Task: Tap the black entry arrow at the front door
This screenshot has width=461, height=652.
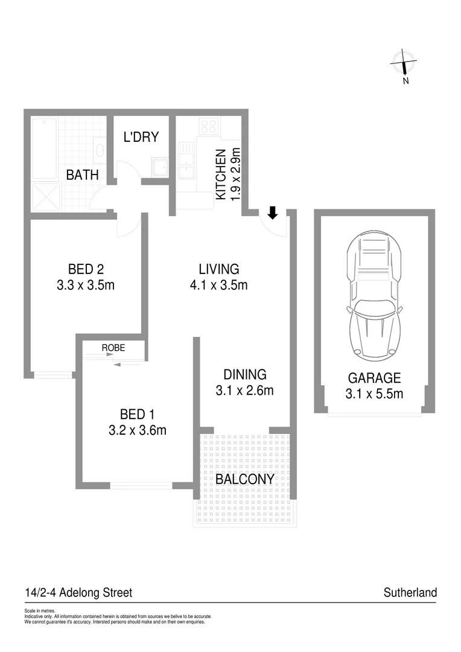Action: tap(273, 213)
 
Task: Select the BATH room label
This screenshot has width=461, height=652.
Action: tap(82, 175)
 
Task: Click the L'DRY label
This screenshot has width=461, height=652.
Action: tap(141, 137)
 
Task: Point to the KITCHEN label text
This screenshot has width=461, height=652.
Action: tap(221, 174)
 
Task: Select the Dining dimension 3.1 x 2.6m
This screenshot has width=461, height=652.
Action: tap(244, 391)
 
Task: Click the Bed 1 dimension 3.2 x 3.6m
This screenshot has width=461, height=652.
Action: tap(137, 430)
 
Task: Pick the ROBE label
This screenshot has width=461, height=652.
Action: tap(113, 348)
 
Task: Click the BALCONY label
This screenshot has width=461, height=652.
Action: tap(245, 479)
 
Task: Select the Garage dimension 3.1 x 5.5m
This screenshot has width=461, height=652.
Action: tap(374, 394)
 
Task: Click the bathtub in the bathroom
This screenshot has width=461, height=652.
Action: tap(44, 149)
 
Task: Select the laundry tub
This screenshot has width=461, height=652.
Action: tap(160, 167)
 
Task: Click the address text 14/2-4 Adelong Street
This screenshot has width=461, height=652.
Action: tap(78, 593)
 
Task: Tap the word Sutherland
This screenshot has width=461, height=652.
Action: tap(410, 593)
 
